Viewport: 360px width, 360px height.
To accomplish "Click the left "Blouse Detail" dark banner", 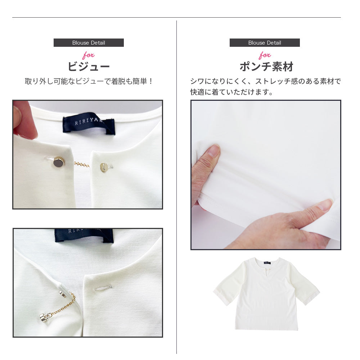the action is pos(89,43).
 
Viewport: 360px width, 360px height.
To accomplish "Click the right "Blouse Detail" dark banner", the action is pos(265,43).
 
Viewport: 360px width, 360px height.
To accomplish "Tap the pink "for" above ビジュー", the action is pos(89,55).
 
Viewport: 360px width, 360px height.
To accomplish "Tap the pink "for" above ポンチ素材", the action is pos(265,55).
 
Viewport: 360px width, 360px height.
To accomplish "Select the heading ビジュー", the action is pos(89,67).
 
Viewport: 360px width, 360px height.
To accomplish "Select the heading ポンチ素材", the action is pos(266,67).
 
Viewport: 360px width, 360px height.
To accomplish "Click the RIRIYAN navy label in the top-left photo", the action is pos(89,123).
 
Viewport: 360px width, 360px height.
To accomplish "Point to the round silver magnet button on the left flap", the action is pos(59,162).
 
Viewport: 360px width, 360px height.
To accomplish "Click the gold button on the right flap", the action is pos(104,167).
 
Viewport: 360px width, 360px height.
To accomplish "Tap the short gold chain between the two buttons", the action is pos(81,164).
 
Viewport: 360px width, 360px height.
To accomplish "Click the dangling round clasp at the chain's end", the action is pos(43,318).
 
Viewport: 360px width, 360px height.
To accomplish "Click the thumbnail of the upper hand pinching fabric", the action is pos(214,150).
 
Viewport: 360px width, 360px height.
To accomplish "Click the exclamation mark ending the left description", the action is pos(150,81).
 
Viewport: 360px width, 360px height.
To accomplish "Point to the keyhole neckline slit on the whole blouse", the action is pos(266,273).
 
